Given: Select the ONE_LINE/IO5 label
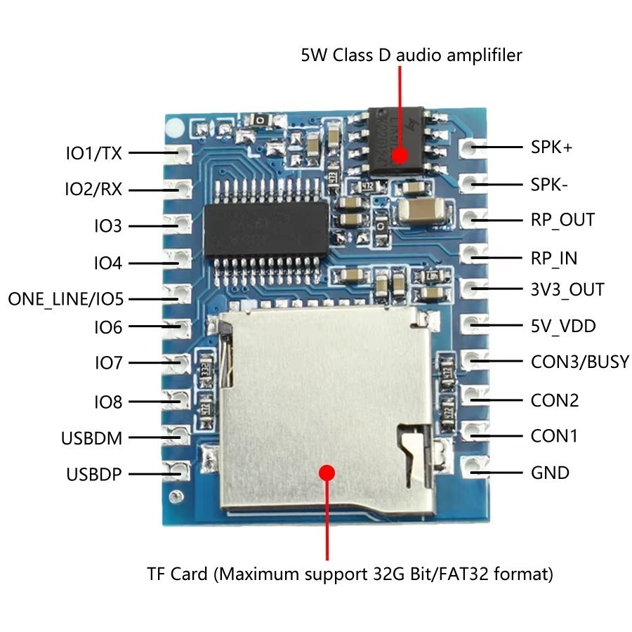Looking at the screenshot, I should coord(65,299).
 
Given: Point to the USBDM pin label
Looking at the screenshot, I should coord(91,439).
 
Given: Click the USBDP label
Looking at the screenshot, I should coord(94,474).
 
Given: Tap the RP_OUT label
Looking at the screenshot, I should coord(562,220).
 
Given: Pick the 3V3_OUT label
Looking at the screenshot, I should coord(567,289).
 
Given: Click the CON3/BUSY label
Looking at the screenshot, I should coord(580,362).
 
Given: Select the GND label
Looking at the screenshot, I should coord(550,473).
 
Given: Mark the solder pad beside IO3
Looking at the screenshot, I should coord(181,225).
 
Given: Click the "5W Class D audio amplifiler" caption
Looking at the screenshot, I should coord(412,55).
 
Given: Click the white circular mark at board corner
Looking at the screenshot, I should coord(173,127).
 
